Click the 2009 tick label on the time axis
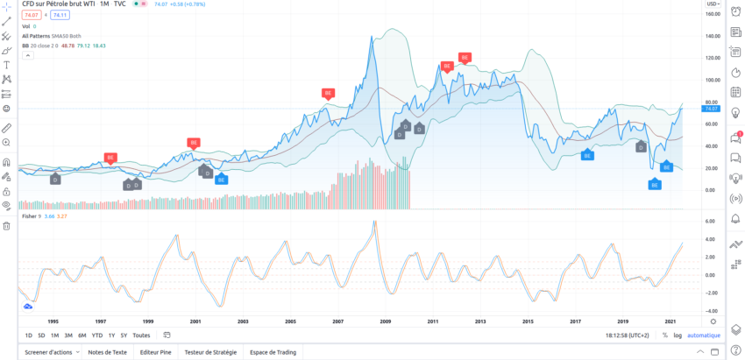[x=385, y=321]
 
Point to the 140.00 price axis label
[x=712, y=36]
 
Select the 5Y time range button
[x=124, y=335]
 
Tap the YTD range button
[x=97, y=335]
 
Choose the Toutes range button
[x=141, y=335]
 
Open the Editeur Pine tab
[x=157, y=352]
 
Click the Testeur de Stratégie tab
[x=210, y=352]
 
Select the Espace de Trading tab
[x=273, y=352]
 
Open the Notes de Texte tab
[x=108, y=352]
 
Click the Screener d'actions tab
[x=50, y=352]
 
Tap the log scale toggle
[x=677, y=335]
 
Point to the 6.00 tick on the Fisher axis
[x=711, y=221]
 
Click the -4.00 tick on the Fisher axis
[x=711, y=311]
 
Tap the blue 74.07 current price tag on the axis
[x=711, y=109]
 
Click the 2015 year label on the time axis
[x=528, y=321]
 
